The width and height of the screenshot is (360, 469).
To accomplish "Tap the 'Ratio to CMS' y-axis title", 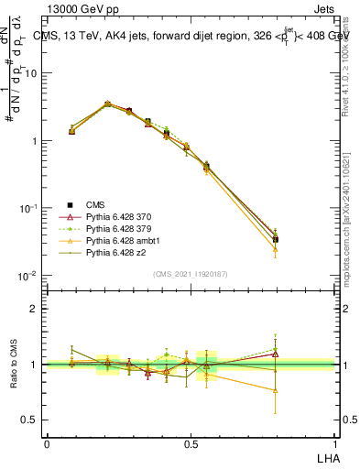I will pyautogui.click(x=12, y=364).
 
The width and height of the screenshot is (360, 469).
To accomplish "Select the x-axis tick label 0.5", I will pyautogui.click(x=191, y=443).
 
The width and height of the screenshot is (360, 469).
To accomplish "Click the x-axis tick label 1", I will pyautogui.click(x=334, y=443).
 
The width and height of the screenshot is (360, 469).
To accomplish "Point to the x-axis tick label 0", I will pyautogui.click(x=47, y=443).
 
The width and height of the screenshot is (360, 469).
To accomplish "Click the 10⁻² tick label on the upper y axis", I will pyautogui.click(x=29, y=276).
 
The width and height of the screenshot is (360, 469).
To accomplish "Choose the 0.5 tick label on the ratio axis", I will pyautogui.click(x=32, y=420).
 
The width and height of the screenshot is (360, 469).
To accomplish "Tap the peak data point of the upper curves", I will pyautogui.click(x=107, y=104).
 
